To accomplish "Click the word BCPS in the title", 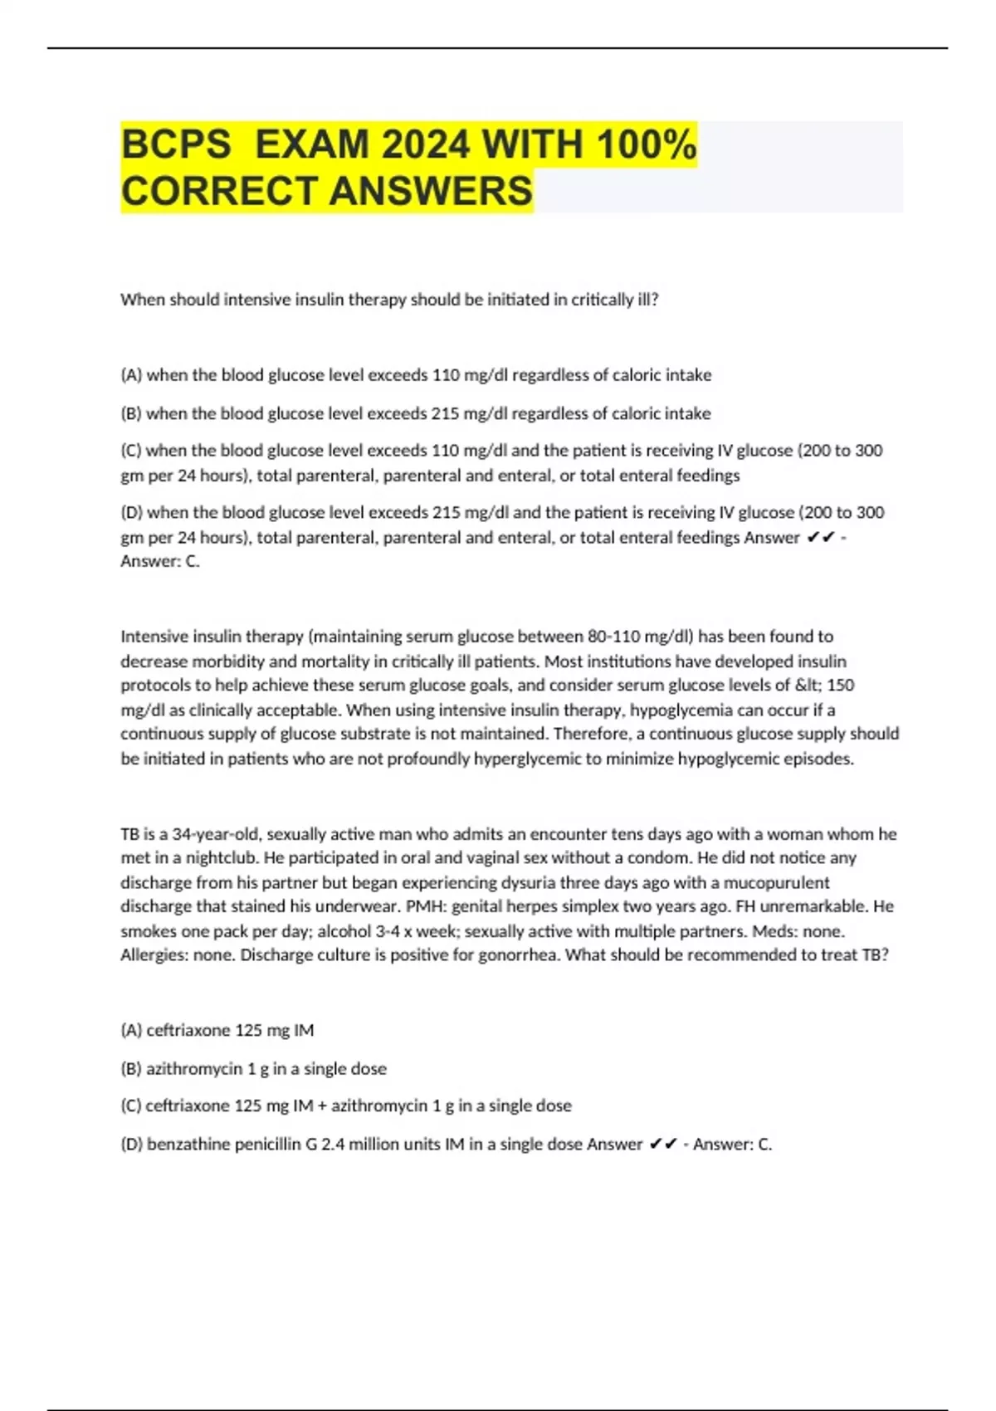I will pyautogui.click(x=176, y=144).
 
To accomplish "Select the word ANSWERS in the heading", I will pyautogui.click(x=431, y=191).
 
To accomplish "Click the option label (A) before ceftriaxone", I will pyautogui.click(x=131, y=1030).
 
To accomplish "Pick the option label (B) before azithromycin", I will pyautogui.click(x=131, y=1068).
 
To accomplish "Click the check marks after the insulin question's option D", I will pyautogui.click(x=819, y=538).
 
